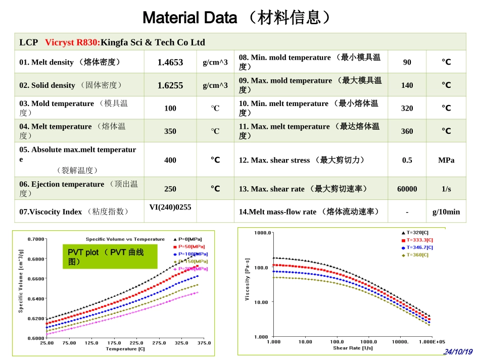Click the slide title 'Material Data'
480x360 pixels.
pyautogui.click(x=189, y=18)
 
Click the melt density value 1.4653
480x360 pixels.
pyautogui.click(x=170, y=62)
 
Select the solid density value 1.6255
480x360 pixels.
pyautogui.click(x=170, y=85)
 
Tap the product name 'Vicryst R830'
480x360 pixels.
pyautogui.click(x=72, y=42)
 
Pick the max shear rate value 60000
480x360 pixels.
pyautogui.click(x=407, y=189)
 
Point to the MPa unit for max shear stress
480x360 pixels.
pyautogui.click(x=446, y=160)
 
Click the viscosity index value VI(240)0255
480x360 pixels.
pyautogui.click(x=170, y=207)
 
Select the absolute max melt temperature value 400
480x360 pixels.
pyautogui.click(x=170, y=160)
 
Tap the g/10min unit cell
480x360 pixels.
pyautogui.click(x=446, y=212)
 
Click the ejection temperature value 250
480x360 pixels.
pyautogui.click(x=170, y=189)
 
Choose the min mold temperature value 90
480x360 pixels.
pyautogui.click(x=407, y=62)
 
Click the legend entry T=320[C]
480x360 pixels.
pyautogui.click(x=417, y=233)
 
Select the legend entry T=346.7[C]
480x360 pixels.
pyautogui.click(x=419, y=247)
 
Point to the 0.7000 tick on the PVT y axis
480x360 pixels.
pyautogui.click(x=35, y=239)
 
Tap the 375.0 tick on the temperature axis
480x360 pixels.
pyautogui.click(x=204, y=343)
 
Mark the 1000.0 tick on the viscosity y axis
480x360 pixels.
pyautogui.click(x=263, y=233)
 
